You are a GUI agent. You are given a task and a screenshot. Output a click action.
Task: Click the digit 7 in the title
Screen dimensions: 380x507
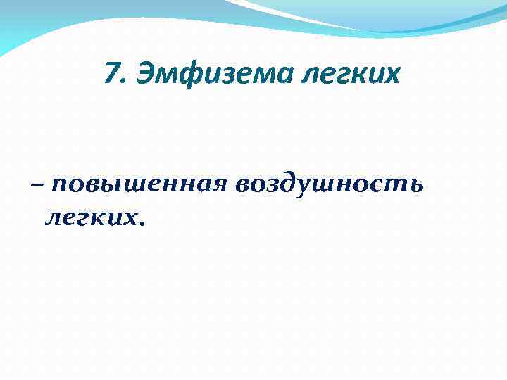pyautogui.click(x=111, y=72)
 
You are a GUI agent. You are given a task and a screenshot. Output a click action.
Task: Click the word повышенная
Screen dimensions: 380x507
pyautogui.click(x=138, y=186)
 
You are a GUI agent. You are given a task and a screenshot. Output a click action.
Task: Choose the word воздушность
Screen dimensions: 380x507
pyautogui.click(x=330, y=186)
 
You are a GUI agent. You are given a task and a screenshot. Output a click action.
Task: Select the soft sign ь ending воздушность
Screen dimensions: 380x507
pyautogui.click(x=415, y=186)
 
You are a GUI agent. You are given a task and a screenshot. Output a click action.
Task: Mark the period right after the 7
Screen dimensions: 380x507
pyautogui.click(x=121, y=80)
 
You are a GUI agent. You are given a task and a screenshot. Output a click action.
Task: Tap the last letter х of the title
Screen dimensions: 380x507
pyautogui.click(x=392, y=73)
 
